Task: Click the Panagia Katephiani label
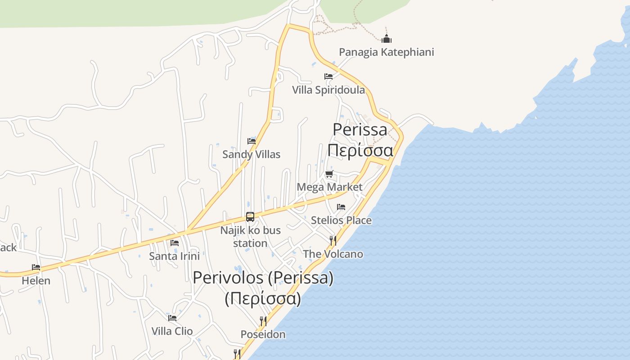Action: point(386,52)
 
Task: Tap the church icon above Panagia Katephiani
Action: point(386,39)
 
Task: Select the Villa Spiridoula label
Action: point(328,90)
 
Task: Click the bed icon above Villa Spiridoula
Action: point(328,76)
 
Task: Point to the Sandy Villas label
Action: point(251,154)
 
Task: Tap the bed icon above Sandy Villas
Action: point(252,141)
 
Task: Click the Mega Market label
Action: point(329,187)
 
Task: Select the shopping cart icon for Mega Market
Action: point(329,174)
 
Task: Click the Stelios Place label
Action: point(341,220)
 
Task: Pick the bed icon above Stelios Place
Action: point(341,207)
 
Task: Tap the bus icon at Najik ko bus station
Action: point(250,217)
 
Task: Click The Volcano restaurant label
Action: point(333,254)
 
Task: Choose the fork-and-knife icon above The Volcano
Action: point(333,240)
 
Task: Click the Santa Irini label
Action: point(174,256)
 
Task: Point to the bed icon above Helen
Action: point(36,267)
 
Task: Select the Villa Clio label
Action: point(172,331)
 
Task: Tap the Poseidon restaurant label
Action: point(263,334)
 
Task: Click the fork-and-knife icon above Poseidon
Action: point(263,321)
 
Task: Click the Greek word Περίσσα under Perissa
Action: point(360,150)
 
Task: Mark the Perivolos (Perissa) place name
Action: point(263,278)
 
